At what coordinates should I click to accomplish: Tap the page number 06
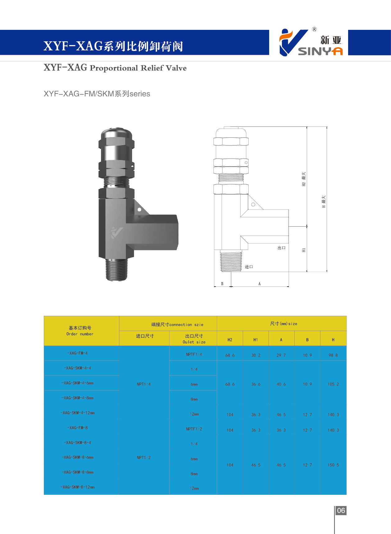[341, 510]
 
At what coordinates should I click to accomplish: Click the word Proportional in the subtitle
[114, 68]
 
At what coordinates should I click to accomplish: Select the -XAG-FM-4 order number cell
[77, 353]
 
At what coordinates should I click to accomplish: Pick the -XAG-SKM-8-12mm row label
[77, 487]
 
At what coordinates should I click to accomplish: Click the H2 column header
[230, 340]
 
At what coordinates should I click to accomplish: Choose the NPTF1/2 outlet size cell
[194, 429]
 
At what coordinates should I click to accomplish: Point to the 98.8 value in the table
[333, 355]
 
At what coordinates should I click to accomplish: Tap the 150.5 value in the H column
[333, 465]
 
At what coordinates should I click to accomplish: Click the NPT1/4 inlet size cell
[144, 384]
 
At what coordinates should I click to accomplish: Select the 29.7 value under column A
[281, 355]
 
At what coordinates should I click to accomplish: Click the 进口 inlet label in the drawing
[249, 267]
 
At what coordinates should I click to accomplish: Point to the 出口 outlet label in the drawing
[281, 248]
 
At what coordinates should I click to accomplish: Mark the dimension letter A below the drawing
[260, 283]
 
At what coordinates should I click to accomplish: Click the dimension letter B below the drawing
[222, 283]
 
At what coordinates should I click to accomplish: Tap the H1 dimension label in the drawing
[304, 250]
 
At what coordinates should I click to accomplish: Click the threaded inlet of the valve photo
[116, 270]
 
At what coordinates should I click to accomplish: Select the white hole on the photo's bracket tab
[139, 210]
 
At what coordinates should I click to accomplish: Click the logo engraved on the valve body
[117, 232]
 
